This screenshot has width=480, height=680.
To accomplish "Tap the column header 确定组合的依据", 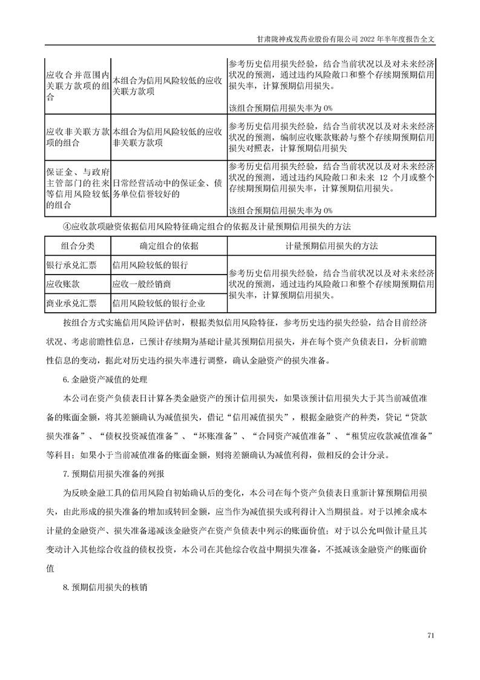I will (168, 246).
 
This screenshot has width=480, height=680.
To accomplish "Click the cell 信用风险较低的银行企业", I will (159, 303).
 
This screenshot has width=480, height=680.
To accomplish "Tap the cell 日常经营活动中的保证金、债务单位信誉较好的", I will (166, 188).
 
